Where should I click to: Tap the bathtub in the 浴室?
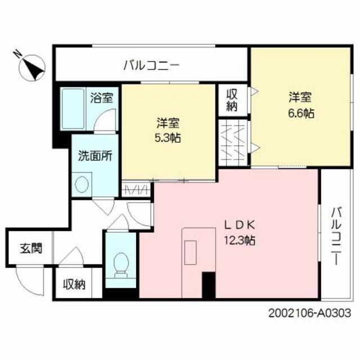pyautogui.click(x=73, y=109)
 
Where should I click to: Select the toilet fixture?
pyautogui.click(x=121, y=265)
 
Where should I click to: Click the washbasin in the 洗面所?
pyautogui.click(x=82, y=184)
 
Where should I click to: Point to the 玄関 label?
pyautogui.click(x=31, y=249)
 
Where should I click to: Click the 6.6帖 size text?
pyautogui.click(x=301, y=113)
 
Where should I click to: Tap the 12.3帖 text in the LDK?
pyautogui.click(x=240, y=240)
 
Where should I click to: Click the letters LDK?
pyautogui.click(x=240, y=225)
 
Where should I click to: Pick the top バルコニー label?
pyautogui.click(x=151, y=66)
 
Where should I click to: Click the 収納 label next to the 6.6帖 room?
pyautogui.click(x=232, y=100)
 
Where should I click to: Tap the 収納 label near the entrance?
pyautogui.click(x=74, y=285)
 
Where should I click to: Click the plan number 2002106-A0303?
pyautogui.click(x=310, y=313)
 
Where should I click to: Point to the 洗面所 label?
pyautogui.click(x=95, y=156)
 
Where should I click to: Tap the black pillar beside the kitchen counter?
pyautogui.click(x=209, y=285)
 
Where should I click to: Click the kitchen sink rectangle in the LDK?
pyautogui.click(x=191, y=253)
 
